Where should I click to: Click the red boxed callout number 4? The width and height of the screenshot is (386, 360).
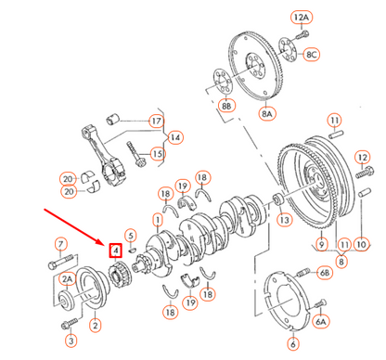[x=114, y=250]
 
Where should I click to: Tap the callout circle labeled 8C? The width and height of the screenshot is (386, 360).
[x=313, y=55]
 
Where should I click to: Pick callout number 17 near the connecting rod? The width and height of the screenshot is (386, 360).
[x=156, y=121]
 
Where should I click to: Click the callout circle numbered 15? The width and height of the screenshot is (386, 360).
[x=158, y=154]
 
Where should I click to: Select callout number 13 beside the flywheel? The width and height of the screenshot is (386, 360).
[x=284, y=220]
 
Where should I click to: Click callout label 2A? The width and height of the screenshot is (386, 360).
[x=68, y=278]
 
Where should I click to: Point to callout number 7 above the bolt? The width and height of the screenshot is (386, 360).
[x=62, y=244]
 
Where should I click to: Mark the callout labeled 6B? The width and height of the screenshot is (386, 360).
[x=324, y=273]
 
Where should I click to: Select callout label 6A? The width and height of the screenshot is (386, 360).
[x=321, y=321]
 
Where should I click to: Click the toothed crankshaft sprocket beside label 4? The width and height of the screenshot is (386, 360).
[x=118, y=276]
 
